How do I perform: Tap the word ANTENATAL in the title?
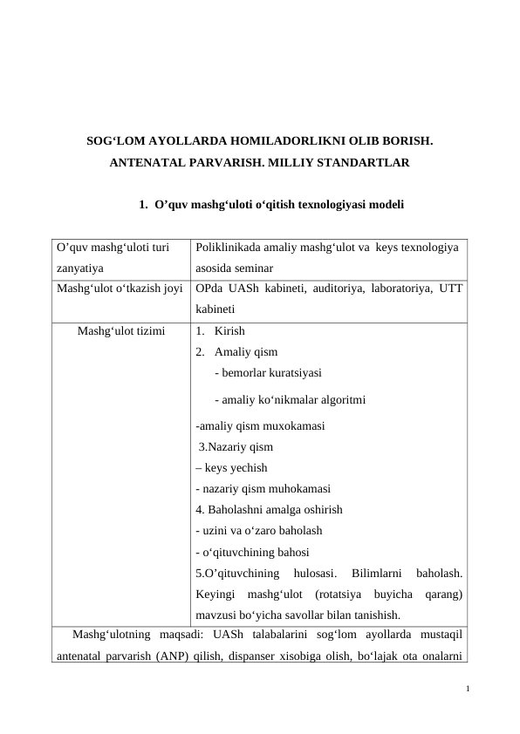click(x=154, y=163)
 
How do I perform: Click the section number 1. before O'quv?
click(x=144, y=206)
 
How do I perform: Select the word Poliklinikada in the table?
click(x=229, y=248)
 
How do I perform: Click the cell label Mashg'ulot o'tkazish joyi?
click(x=119, y=286)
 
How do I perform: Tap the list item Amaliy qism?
click(x=245, y=352)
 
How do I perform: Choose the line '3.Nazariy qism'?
click(x=236, y=447)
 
